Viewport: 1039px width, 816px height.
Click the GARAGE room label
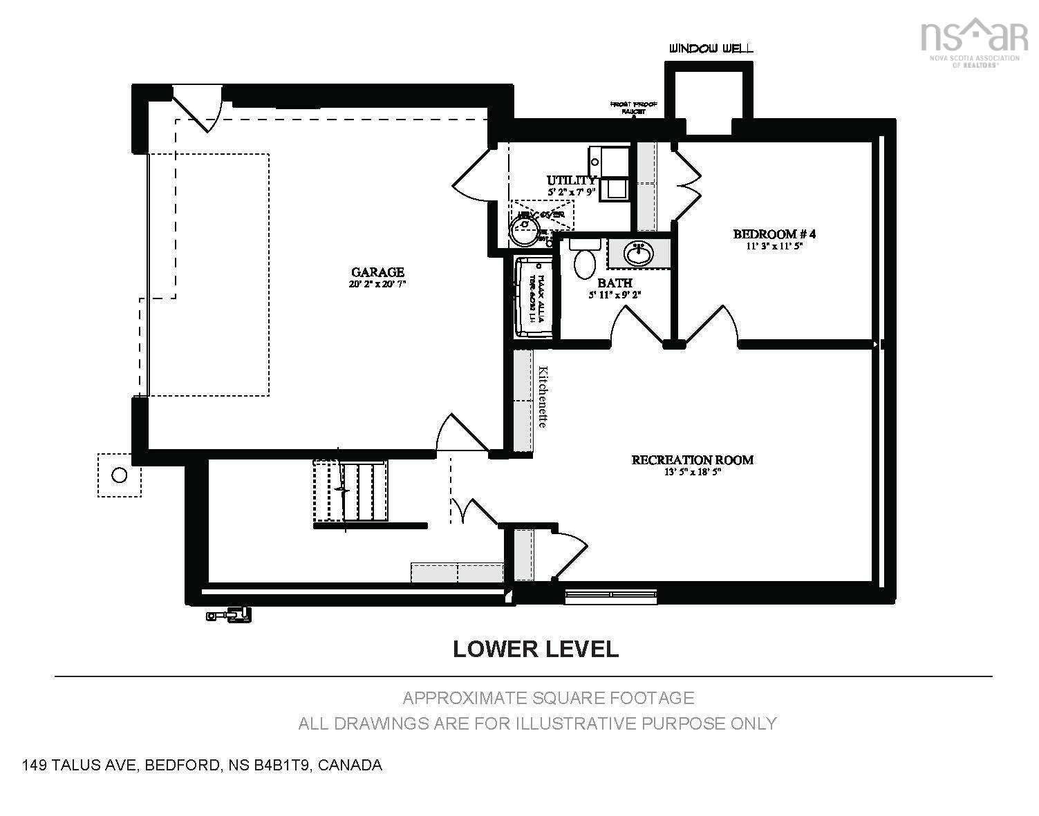[x=377, y=272]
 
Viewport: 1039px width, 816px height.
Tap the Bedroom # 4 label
[x=769, y=234]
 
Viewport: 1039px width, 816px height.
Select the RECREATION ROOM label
[x=692, y=459]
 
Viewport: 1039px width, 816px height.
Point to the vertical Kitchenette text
[x=543, y=397]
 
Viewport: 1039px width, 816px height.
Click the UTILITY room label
[x=571, y=180]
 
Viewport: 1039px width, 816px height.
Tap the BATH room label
[x=615, y=283]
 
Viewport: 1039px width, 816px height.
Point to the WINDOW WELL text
[x=711, y=48]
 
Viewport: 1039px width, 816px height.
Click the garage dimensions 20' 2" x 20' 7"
[x=377, y=284]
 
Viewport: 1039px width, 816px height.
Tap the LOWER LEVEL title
[x=535, y=649]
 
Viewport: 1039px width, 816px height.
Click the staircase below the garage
[x=351, y=491]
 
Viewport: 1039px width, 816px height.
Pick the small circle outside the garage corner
[x=119, y=475]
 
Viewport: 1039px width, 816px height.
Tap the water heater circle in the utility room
[x=525, y=229]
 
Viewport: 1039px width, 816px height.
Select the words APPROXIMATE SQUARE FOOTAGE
[x=548, y=698]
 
